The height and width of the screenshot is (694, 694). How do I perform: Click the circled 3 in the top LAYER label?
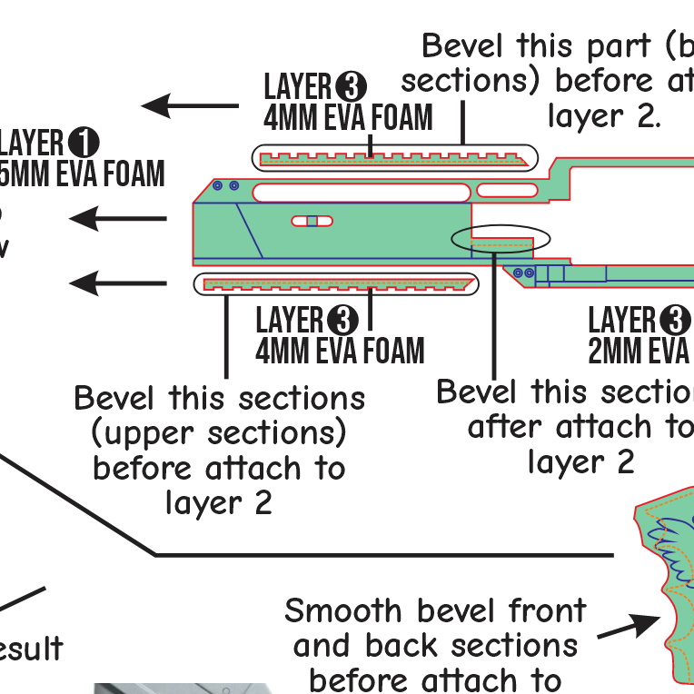click(x=351, y=87)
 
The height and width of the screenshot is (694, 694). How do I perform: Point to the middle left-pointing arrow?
click(x=118, y=218)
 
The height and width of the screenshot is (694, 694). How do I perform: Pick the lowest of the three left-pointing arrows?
click(x=118, y=283)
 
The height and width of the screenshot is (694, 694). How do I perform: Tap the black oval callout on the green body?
click(x=501, y=239)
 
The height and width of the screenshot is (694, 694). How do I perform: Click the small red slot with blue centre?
click(x=312, y=221)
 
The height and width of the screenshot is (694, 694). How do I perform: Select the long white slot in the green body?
click(x=362, y=192)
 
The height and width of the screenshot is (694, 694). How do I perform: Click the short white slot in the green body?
click(x=508, y=191)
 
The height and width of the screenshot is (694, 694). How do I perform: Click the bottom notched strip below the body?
click(x=336, y=284)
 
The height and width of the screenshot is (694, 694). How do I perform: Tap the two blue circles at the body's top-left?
click(x=226, y=185)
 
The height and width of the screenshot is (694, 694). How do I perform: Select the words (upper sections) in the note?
click(x=219, y=433)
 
